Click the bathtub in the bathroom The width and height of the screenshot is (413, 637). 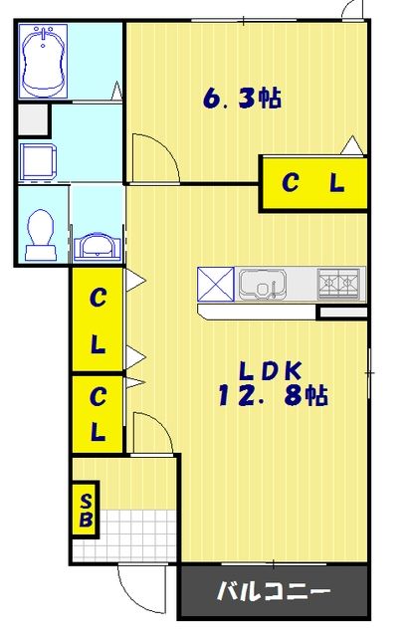tap(43, 61)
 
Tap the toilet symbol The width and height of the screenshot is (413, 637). tap(41, 235)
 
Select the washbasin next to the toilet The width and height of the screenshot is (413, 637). tap(98, 246)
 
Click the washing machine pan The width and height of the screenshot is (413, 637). tap(38, 161)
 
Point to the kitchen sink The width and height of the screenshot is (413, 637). tap(263, 284)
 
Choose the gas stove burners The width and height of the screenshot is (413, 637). tap(338, 283)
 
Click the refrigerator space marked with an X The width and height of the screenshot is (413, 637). tap(216, 285)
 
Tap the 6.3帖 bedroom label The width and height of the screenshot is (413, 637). tap(242, 99)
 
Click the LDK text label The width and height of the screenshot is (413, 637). tap(270, 370)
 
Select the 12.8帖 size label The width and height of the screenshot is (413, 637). tap(273, 395)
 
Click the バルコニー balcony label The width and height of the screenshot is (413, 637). tap(273, 591)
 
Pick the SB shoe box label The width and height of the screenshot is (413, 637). tap(87, 511)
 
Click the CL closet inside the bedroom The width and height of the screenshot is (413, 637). tap(313, 183)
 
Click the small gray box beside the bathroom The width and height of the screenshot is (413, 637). tap(33, 119)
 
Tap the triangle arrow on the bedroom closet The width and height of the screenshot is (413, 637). tap(351, 145)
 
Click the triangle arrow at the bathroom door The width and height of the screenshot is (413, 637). tap(116, 91)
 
